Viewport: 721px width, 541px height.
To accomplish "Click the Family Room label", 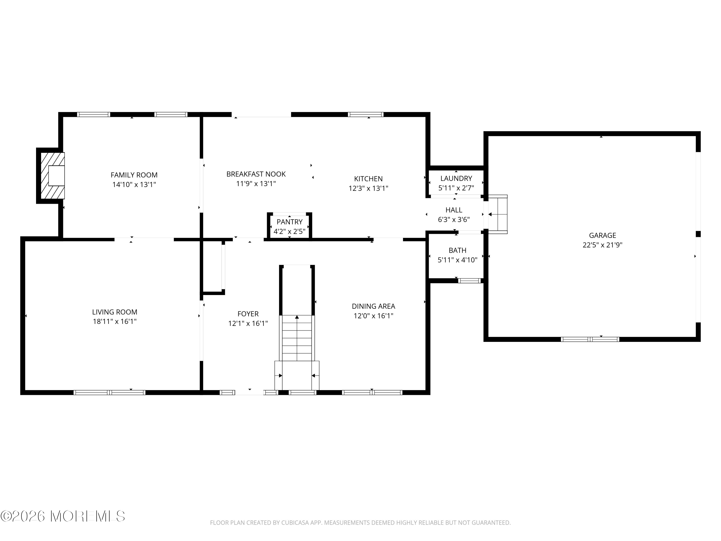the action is (x=134, y=175).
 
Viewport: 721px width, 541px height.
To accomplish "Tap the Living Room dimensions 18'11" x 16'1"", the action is (x=115, y=321).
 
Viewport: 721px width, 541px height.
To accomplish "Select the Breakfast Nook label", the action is (x=256, y=174).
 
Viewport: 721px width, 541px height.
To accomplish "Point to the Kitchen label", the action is (x=368, y=179).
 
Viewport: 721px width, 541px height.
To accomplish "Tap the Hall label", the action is (x=454, y=210).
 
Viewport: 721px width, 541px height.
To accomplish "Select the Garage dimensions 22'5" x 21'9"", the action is (x=602, y=245).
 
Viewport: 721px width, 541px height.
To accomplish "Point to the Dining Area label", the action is (x=373, y=306).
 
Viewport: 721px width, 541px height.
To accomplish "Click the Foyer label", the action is (x=248, y=314).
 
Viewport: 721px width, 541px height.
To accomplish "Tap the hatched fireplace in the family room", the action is (x=52, y=176).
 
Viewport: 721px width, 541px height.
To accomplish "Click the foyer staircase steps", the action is (x=297, y=338).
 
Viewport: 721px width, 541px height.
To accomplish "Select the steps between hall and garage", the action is (x=497, y=214).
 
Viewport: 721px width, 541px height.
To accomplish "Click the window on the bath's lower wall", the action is (x=469, y=280).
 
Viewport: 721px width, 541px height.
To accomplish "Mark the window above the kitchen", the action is (x=365, y=114).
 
